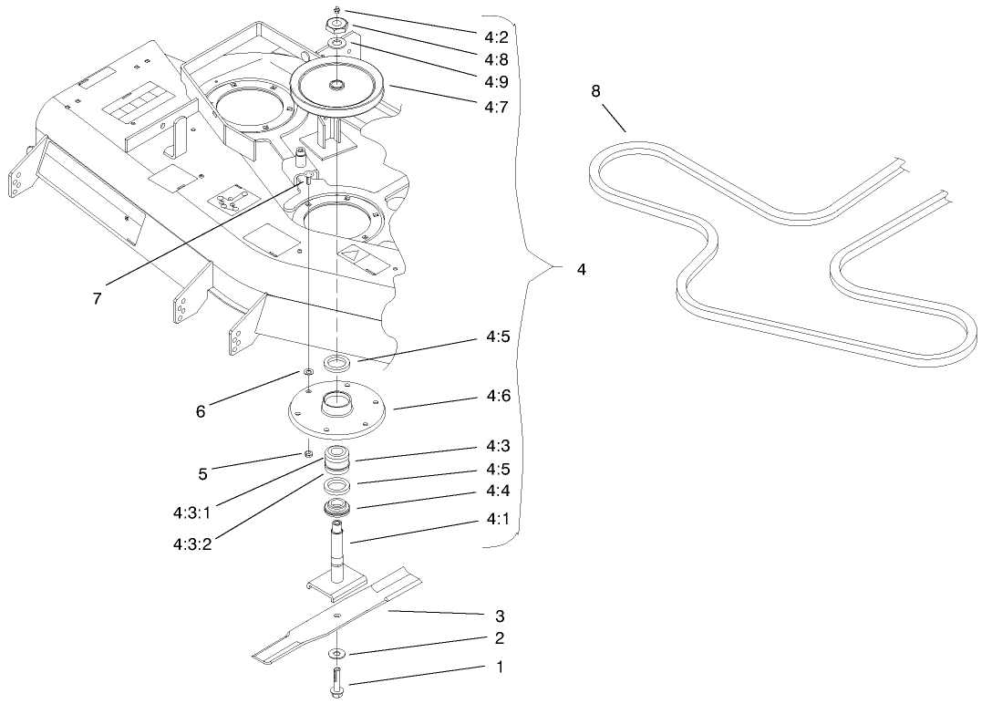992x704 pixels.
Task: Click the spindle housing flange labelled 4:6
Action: pos(337,413)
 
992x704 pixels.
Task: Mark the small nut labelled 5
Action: pos(309,453)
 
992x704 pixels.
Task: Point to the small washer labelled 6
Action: pos(309,372)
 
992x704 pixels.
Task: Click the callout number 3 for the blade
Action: pos(499,617)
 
